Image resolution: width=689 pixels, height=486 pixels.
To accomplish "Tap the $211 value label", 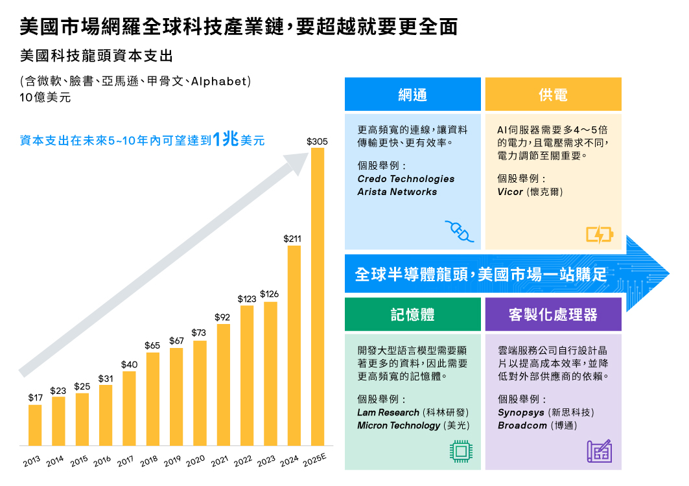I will point(293,239).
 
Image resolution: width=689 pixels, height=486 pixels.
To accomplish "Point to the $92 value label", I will point(222,317).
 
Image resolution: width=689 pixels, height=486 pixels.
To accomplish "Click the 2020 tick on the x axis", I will point(196,461).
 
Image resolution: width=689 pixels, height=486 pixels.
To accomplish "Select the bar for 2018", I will point(152,399).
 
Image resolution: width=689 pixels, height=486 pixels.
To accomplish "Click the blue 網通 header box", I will point(412,95).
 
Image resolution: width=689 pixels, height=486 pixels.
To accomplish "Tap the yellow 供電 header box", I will point(553,95).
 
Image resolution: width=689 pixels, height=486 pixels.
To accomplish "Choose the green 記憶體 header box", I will point(412,315).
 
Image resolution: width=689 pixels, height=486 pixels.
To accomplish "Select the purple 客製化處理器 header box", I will point(553,315).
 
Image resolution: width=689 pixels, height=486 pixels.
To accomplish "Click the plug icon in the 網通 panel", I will point(459,231).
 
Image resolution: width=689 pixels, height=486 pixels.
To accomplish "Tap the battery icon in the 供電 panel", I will point(599,234).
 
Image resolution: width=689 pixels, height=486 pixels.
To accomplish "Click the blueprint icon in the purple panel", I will point(599,451).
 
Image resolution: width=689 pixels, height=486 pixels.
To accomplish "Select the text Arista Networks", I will point(397,192).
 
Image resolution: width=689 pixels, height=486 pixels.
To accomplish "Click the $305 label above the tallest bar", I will point(317,141).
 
